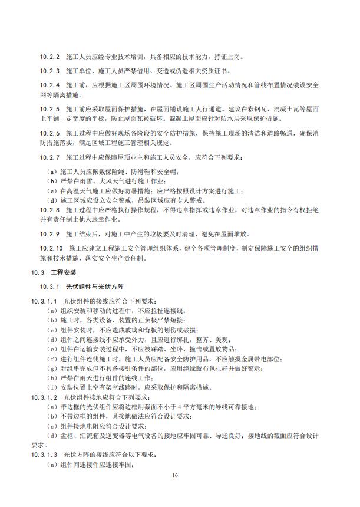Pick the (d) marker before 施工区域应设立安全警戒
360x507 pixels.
click(x=51, y=200)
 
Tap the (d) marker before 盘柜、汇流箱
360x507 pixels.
click(x=51, y=436)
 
